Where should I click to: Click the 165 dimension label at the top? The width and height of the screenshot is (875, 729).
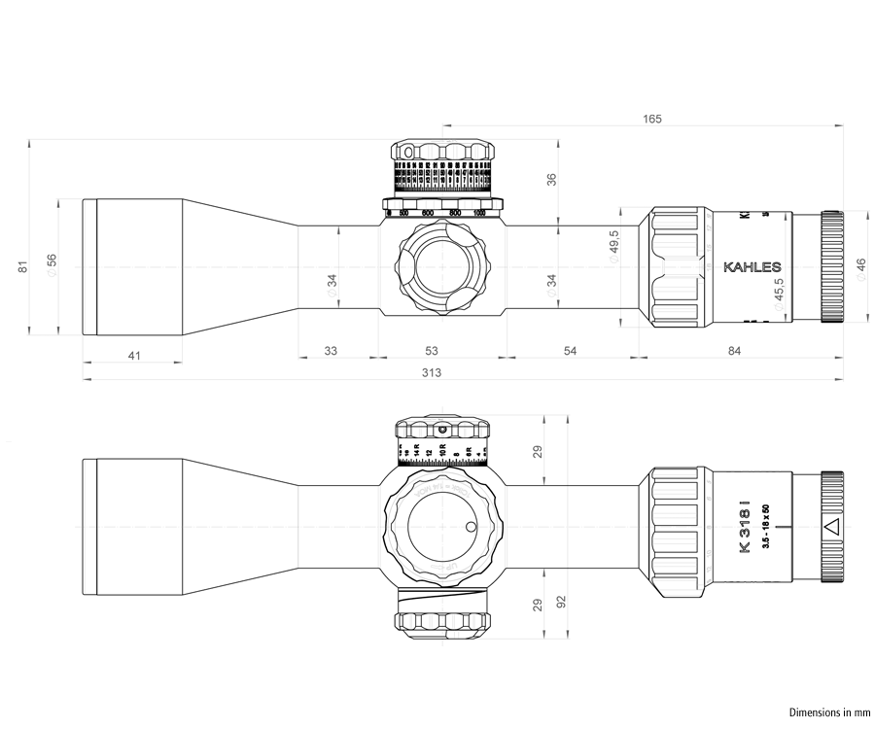pyautogui.click(x=652, y=119)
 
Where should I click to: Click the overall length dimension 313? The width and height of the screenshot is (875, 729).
pyautogui.click(x=432, y=372)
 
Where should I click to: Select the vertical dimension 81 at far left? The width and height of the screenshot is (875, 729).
pyautogui.click(x=24, y=267)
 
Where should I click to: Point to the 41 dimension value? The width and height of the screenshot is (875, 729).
pyautogui.click(x=134, y=356)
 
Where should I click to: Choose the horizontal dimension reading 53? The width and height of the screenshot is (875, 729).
pyautogui.click(x=432, y=350)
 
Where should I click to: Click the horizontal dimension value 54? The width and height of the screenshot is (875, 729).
pyautogui.click(x=571, y=350)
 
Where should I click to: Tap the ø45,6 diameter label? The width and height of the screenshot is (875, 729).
pyautogui.click(x=779, y=294)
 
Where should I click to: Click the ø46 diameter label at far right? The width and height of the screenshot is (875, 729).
pyautogui.click(x=860, y=269)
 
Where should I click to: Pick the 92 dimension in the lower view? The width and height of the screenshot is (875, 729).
pyautogui.click(x=561, y=603)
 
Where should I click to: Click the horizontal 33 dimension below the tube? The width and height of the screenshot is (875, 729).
pyautogui.click(x=331, y=350)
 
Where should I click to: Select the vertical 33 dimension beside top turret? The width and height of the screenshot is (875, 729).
pyautogui.click(x=551, y=180)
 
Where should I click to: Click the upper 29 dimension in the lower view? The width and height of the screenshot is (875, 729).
pyautogui.click(x=538, y=452)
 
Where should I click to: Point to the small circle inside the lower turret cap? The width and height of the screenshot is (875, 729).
pyautogui.click(x=472, y=528)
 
